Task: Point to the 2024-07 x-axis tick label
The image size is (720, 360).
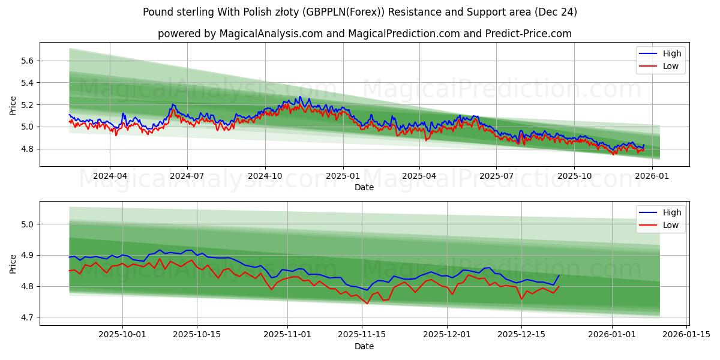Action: (x=187, y=176)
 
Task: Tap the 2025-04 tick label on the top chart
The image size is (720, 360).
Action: (x=419, y=176)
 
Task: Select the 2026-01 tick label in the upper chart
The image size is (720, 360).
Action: (x=652, y=176)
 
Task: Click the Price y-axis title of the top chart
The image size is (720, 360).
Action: (x=13, y=106)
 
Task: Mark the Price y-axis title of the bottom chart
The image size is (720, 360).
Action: (x=13, y=263)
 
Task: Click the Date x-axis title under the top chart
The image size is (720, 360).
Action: (x=364, y=187)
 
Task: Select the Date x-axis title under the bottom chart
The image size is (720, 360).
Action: (x=364, y=346)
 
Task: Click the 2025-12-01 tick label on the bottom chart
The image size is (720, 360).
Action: (x=447, y=335)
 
